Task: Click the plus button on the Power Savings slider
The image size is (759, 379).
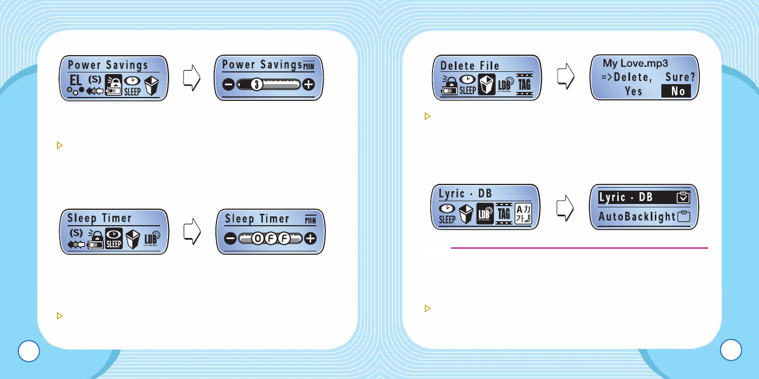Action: [x=308, y=85]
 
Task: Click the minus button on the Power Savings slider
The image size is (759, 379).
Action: [x=229, y=85]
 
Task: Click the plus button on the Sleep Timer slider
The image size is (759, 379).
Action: [x=310, y=239]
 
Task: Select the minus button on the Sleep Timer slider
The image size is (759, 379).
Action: [x=231, y=239]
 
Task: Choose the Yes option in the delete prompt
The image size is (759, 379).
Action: [x=633, y=91]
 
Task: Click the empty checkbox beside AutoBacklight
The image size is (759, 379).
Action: [x=683, y=217]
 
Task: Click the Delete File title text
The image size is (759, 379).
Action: [x=469, y=65]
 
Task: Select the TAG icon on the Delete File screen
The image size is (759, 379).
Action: [x=524, y=85]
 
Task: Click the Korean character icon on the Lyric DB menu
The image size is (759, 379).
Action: [x=523, y=213]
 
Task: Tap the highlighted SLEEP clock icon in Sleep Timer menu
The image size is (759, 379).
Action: [x=113, y=239]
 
